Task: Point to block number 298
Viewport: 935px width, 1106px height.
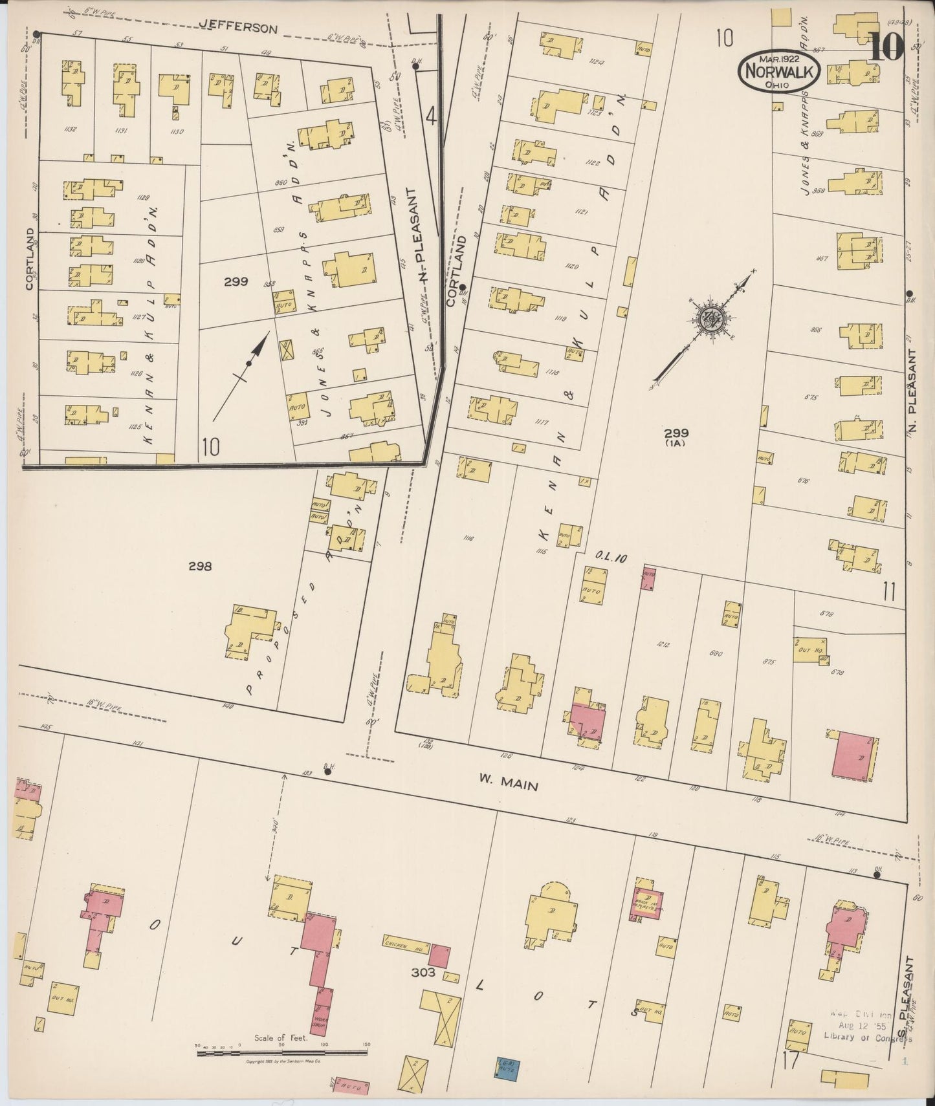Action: click(199, 567)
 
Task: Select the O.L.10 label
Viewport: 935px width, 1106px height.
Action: click(610, 558)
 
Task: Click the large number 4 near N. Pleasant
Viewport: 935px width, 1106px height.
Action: click(431, 118)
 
